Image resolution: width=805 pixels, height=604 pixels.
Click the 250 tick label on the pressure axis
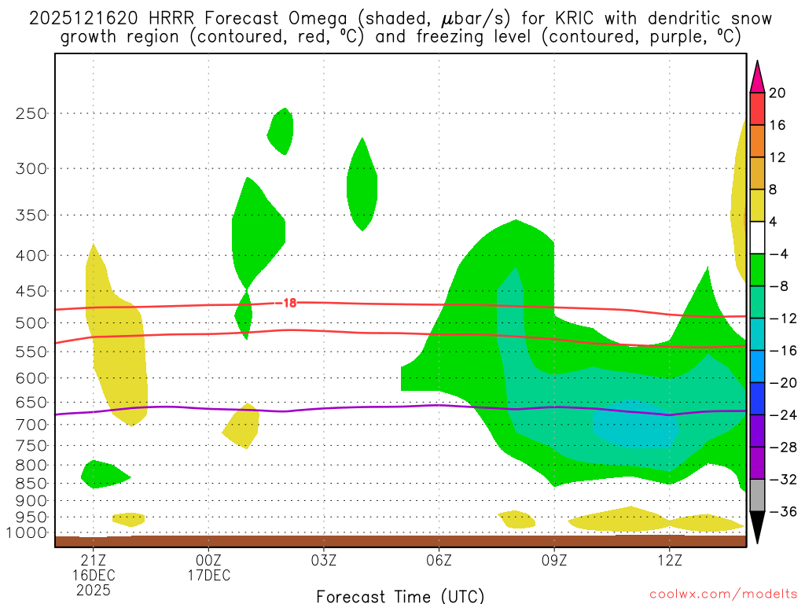point(31,113)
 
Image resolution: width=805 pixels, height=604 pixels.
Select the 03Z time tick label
point(324,560)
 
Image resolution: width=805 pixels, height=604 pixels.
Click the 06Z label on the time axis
point(439,560)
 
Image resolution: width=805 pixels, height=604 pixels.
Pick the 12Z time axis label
point(669,560)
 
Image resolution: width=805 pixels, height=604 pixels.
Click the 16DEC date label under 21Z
point(94,575)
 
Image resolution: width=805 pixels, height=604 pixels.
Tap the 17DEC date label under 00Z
point(208,575)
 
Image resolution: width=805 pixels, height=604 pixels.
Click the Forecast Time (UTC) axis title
point(400,595)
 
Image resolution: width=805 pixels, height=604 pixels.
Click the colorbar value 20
point(777,93)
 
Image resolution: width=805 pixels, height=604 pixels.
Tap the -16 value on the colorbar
point(777,351)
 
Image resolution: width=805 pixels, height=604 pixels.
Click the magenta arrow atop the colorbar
point(757,77)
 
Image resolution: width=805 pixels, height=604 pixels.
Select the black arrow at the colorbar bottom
point(757,528)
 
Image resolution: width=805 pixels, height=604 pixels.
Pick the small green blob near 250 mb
point(281,131)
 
